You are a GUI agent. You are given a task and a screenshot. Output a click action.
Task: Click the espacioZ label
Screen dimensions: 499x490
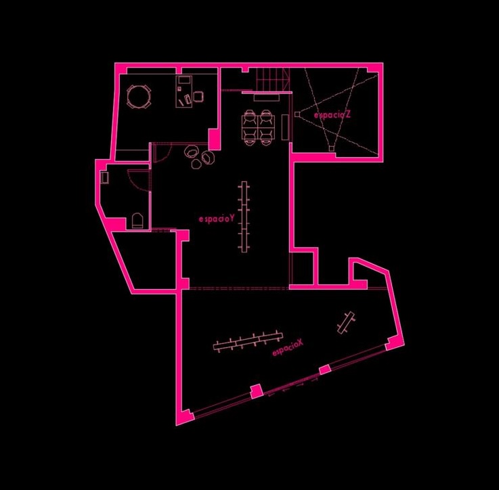pyautogui.click(x=332, y=115)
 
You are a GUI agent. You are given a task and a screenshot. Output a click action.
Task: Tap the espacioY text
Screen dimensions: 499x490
pyautogui.click(x=217, y=219)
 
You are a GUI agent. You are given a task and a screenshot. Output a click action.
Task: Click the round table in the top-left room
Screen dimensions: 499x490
pyautogui.click(x=139, y=97)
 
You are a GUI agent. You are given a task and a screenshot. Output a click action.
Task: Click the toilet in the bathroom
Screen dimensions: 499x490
pyautogui.click(x=137, y=220)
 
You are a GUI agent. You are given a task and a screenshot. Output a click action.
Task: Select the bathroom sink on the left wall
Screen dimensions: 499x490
pyautogui.click(x=106, y=178)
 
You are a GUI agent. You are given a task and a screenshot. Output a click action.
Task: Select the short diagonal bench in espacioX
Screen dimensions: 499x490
pyautogui.click(x=346, y=321)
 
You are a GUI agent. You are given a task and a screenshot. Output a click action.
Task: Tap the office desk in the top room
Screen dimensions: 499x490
pyautogui.click(x=183, y=91)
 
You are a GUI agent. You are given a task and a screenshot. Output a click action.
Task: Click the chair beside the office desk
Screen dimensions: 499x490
pyautogui.click(x=198, y=97)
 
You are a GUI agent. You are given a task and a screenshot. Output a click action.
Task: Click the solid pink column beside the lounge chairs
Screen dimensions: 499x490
pyautogui.click(x=214, y=140)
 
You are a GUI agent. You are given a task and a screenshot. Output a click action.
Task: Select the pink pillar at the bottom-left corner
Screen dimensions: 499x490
pyautogui.click(x=182, y=417)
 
